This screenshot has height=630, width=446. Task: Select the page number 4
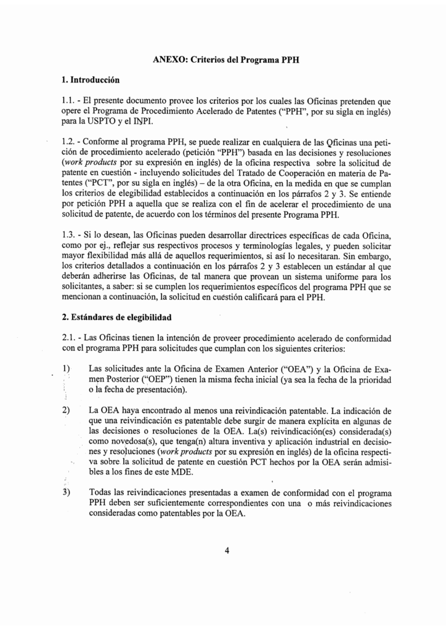point(227,551)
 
